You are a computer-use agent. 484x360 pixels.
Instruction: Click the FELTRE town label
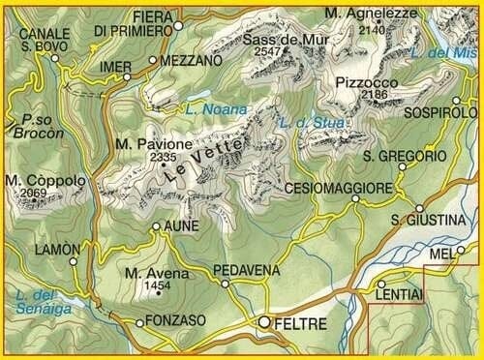click(x=301, y=324)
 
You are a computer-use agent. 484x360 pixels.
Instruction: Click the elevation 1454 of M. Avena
click(x=154, y=286)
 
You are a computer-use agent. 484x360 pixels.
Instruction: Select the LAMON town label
click(x=56, y=249)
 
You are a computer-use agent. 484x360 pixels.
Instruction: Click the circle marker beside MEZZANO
click(x=153, y=61)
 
